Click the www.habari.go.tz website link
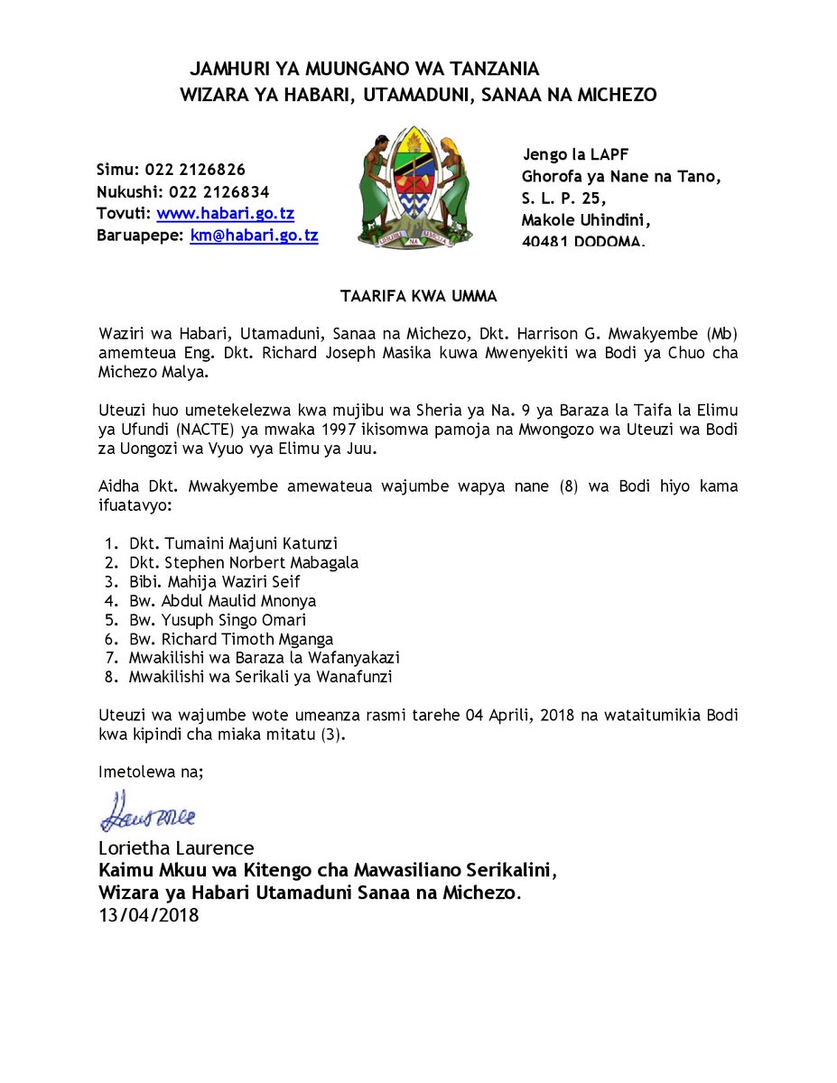pos(225,214)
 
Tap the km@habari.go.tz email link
pos(254,236)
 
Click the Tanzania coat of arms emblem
pos(415,188)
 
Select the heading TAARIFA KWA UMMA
pos(418,295)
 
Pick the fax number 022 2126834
pos(219,191)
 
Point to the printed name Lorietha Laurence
pos(176,848)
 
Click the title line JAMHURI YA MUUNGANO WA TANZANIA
pos(364,69)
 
